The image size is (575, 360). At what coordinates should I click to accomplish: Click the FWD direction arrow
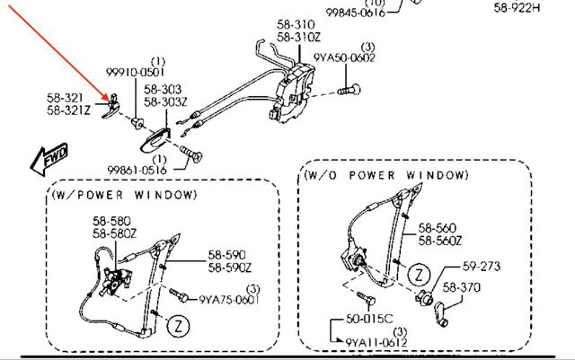coord(49,159)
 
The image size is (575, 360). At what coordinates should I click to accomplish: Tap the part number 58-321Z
coord(68,110)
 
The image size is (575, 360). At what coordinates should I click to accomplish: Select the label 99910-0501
coord(136,72)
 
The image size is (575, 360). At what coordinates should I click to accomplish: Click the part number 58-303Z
coord(165,101)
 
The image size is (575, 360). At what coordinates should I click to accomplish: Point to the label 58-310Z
coord(299,37)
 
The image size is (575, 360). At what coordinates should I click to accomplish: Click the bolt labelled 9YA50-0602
coord(349,90)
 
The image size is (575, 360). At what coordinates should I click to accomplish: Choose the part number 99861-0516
coord(137,170)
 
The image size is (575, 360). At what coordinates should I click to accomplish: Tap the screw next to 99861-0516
coord(191,154)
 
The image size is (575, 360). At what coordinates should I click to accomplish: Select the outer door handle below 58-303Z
coord(155,140)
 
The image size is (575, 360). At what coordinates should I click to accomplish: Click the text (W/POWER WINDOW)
coord(124,195)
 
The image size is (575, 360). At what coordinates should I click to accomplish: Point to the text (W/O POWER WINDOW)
coord(386,175)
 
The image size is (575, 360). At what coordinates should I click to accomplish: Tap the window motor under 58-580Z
coord(116,280)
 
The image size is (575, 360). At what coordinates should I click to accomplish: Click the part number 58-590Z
coord(230,268)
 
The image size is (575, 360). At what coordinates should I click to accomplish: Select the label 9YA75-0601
coord(229,300)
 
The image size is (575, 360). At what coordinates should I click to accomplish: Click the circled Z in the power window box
coord(179,326)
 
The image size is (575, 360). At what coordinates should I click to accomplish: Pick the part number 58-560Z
coord(440,241)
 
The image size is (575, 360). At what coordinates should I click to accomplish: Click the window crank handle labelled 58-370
coord(441,314)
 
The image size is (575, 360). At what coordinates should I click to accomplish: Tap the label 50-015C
coord(369,319)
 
